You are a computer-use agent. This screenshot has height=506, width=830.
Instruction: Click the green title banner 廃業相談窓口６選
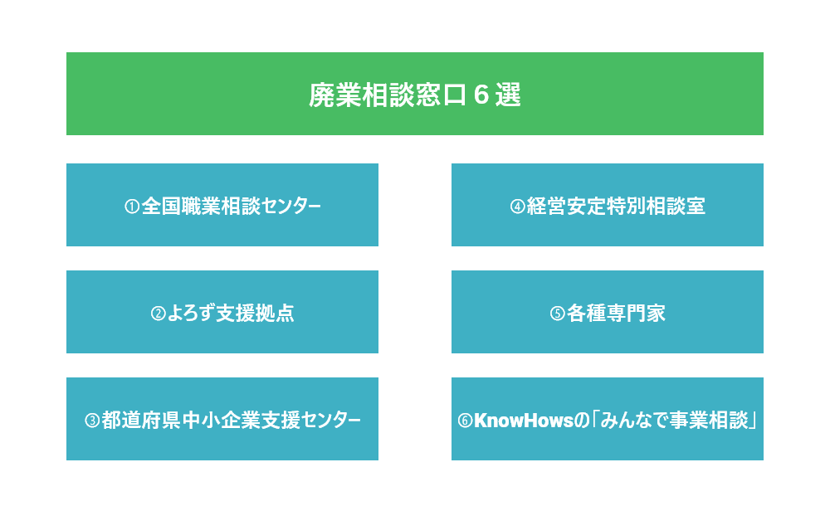(414, 94)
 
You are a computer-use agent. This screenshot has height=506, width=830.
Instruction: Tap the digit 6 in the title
(481, 95)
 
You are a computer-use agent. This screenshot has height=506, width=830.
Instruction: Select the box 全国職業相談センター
(222, 205)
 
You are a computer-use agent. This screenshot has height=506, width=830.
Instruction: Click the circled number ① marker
(132, 207)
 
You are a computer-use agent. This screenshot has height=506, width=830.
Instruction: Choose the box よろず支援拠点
(222, 312)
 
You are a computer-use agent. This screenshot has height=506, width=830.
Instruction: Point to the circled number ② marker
(159, 314)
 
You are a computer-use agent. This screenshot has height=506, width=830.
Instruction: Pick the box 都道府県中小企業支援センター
(222, 419)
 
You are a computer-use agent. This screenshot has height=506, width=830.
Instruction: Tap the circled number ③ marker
(92, 421)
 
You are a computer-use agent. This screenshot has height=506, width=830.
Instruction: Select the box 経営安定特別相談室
(608, 205)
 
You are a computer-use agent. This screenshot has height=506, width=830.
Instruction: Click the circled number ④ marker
(517, 207)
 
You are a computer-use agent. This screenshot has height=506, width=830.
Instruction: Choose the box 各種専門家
(608, 312)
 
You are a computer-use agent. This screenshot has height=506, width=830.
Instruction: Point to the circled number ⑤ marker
(558, 314)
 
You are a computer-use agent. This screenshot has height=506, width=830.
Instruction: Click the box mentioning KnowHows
(608, 419)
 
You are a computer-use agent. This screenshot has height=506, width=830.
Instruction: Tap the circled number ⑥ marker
(465, 421)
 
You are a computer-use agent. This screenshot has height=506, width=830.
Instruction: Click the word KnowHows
(524, 421)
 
